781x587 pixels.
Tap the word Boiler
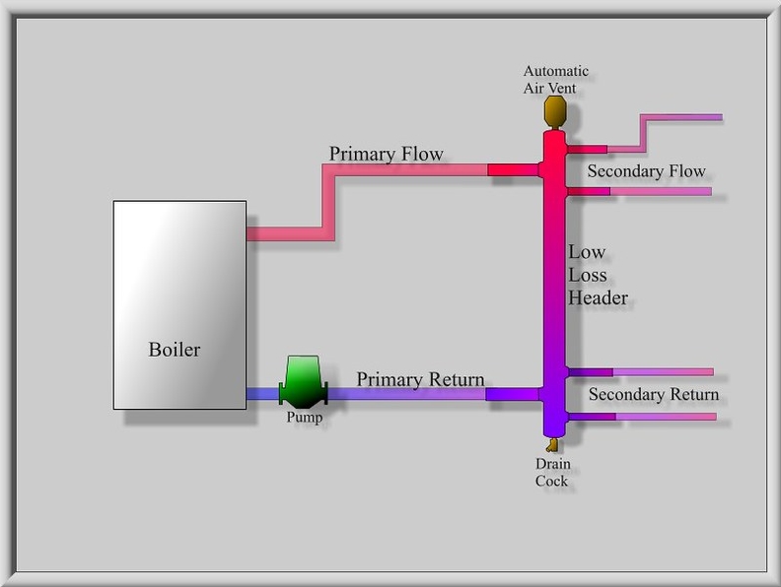coord(175,350)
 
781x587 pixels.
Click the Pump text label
coord(304,418)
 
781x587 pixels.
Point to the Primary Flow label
coord(386,154)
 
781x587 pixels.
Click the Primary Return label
coord(420,379)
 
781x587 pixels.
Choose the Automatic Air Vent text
coord(555,79)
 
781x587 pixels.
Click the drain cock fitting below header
coord(550,444)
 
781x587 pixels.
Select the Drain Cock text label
coord(552,473)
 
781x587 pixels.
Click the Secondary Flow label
coord(646,171)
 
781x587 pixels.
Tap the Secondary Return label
coord(653,395)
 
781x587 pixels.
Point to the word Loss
coord(588,275)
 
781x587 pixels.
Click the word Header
coord(598,297)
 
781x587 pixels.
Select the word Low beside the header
coord(587,253)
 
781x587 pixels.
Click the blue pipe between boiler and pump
coord(262,394)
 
